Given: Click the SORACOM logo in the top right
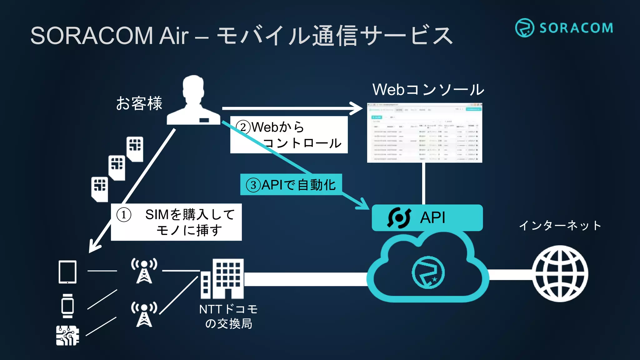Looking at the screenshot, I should point(564,28).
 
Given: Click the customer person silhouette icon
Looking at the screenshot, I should point(194,101).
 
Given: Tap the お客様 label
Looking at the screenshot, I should point(139,103).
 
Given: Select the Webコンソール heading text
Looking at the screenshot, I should point(428,90).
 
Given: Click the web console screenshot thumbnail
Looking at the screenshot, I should point(424,132).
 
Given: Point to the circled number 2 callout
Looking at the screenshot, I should point(243,127).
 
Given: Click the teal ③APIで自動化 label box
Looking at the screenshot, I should point(291,185).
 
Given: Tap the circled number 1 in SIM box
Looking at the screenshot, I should point(124,215).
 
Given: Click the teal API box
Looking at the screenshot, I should point(427,218).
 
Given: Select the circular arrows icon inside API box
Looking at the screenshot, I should point(399,218).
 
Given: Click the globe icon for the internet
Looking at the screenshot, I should point(560,273).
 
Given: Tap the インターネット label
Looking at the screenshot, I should point(560,225).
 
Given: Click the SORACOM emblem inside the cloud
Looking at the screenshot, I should point(428,272).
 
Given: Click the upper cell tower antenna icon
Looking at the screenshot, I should point(144,271).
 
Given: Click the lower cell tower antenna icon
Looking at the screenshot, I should point(144,314).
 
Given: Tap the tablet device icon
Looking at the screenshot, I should point(67,272).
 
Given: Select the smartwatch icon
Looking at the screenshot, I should point(67,306).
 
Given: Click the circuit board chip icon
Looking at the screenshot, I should point(67,335).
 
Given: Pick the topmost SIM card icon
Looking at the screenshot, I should point(135,149).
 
